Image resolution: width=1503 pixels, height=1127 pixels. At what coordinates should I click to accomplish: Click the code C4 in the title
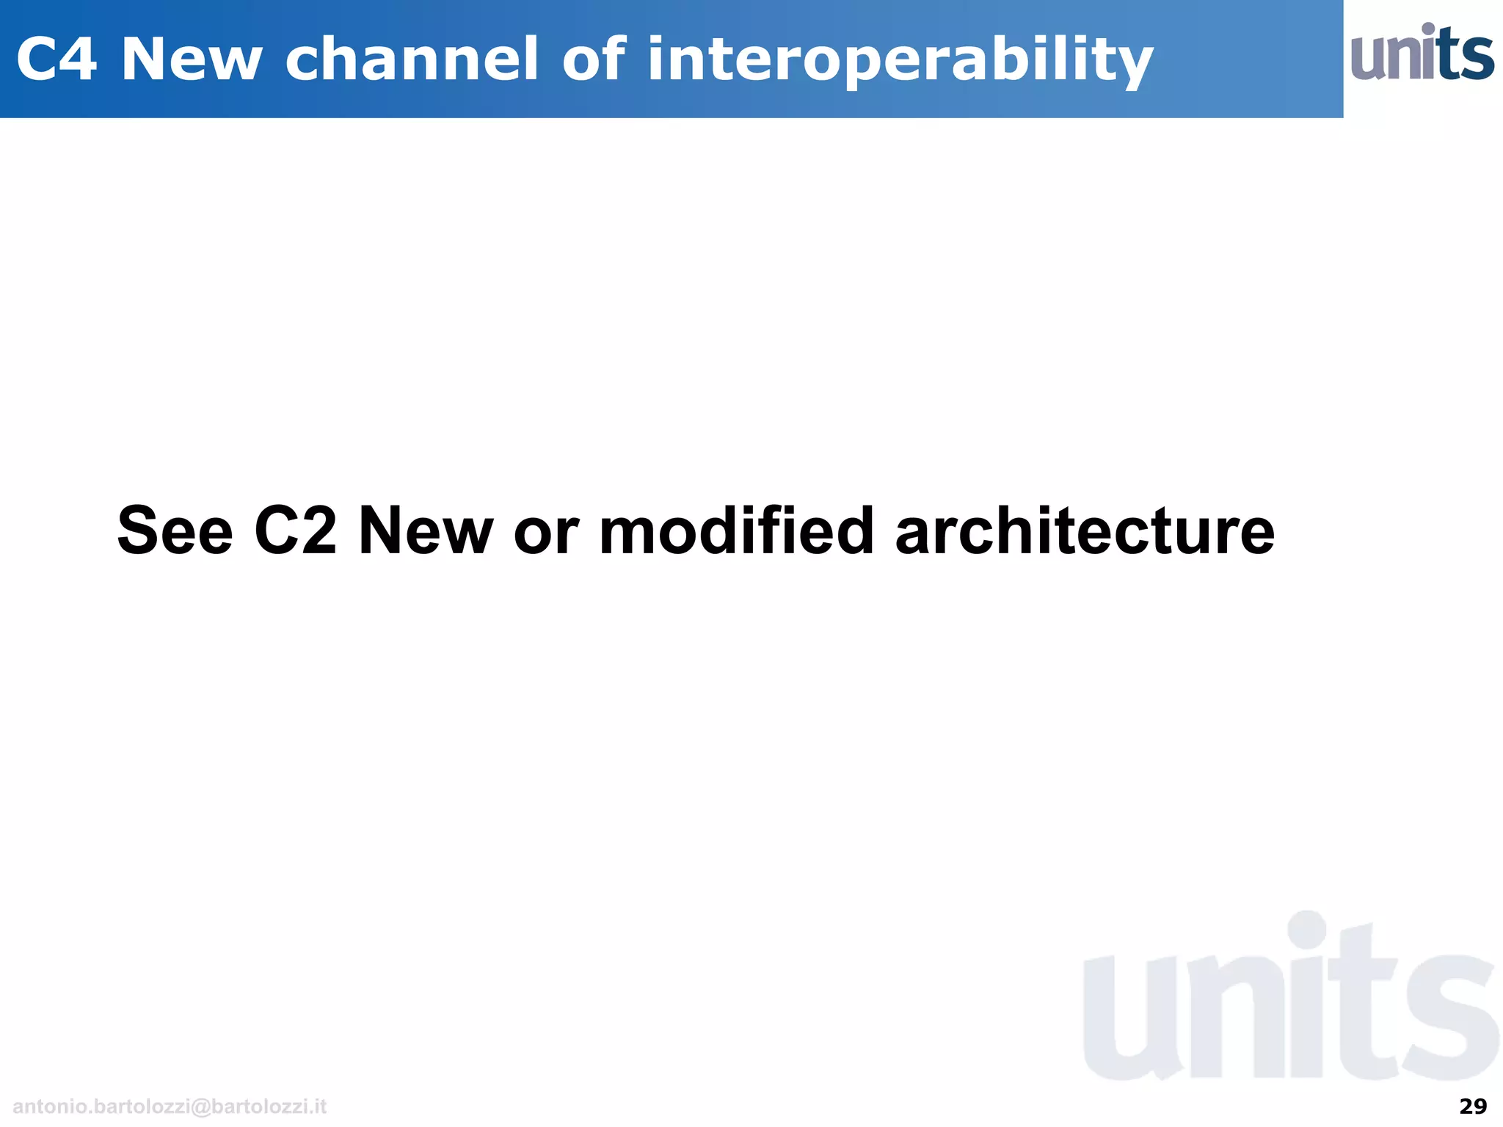pyautogui.click(x=57, y=59)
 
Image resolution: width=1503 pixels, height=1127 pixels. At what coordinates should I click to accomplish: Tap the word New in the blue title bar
pyautogui.click(x=192, y=59)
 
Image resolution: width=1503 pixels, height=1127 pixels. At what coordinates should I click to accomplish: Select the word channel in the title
pyautogui.click(x=412, y=59)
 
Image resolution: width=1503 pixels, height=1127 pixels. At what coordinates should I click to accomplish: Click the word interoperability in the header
pyautogui.click(x=900, y=62)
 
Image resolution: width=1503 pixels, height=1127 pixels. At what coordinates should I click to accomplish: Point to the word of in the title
pyautogui.click(x=594, y=59)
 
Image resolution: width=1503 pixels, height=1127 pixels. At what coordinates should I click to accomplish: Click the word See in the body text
pyautogui.click(x=175, y=531)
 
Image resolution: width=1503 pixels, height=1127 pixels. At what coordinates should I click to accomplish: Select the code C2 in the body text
pyautogui.click(x=296, y=531)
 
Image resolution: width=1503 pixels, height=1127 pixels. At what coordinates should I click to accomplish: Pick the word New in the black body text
pyautogui.click(x=426, y=531)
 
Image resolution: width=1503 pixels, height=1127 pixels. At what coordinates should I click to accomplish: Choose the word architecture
pyautogui.click(x=1085, y=531)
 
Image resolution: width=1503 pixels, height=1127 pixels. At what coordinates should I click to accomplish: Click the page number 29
pyautogui.click(x=1472, y=1106)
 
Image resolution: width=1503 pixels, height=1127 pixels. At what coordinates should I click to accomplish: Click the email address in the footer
pyautogui.click(x=170, y=1106)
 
